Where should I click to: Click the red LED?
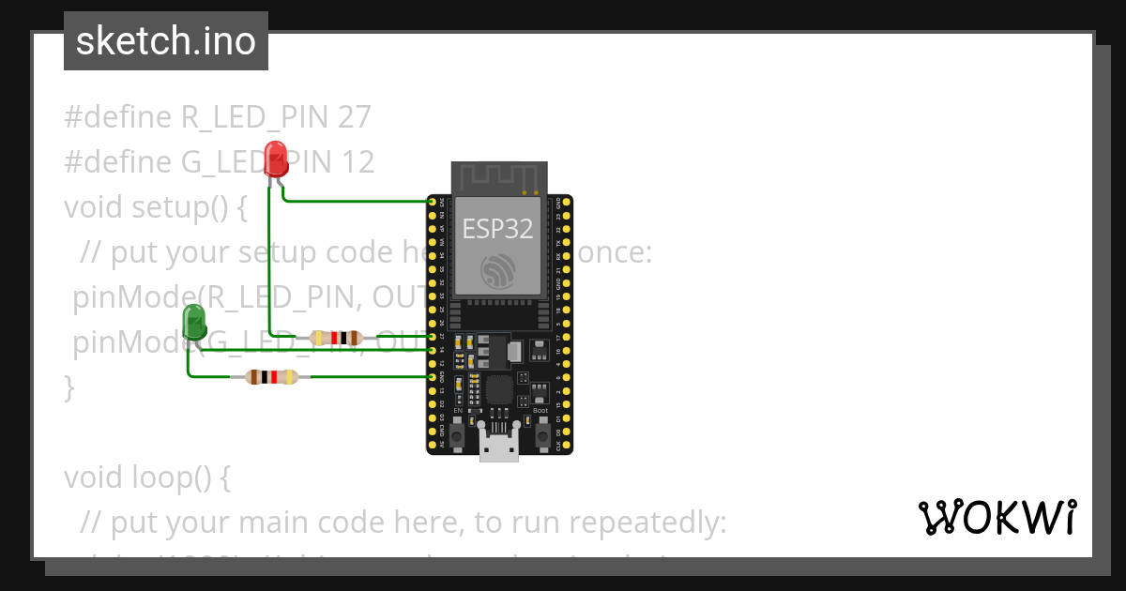click(x=275, y=157)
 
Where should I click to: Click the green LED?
click(x=194, y=321)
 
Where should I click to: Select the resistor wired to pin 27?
click(x=335, y=338)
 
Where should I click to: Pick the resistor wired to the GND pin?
click(x=271, y=377)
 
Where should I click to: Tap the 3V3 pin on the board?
click(x=432, y=202)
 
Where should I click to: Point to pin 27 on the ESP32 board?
click(x=432, y=336)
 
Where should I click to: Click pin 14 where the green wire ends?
click(x=432, y=350)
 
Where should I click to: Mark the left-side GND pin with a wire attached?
click(x=432, y=377)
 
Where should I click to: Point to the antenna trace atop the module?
click(x=498, y=176)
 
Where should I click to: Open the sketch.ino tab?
click(x=166, y=41)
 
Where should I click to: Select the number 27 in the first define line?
click(x=353, y=118)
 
